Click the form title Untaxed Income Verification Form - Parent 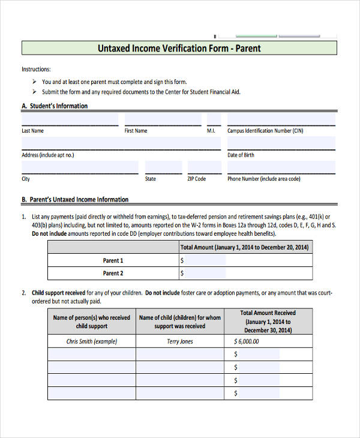pos(179,48)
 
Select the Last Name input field pos(70,119)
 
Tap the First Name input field pos(163,119)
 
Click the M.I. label pos(211,131)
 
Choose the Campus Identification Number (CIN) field pos(281,119)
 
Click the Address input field pos(121,143)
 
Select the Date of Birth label pos(241,155)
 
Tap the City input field pos(80,167)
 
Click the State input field pos(163,167)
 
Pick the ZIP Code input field pos(205,167)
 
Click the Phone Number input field pos(281,167)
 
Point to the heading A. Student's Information pos(55,106)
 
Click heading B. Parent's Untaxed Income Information pos(75,200)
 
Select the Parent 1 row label pos(113,260)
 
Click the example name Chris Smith pos(92,341)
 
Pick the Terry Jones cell pos(180,341)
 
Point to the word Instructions pos(36,70)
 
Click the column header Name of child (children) pos(180,322)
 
